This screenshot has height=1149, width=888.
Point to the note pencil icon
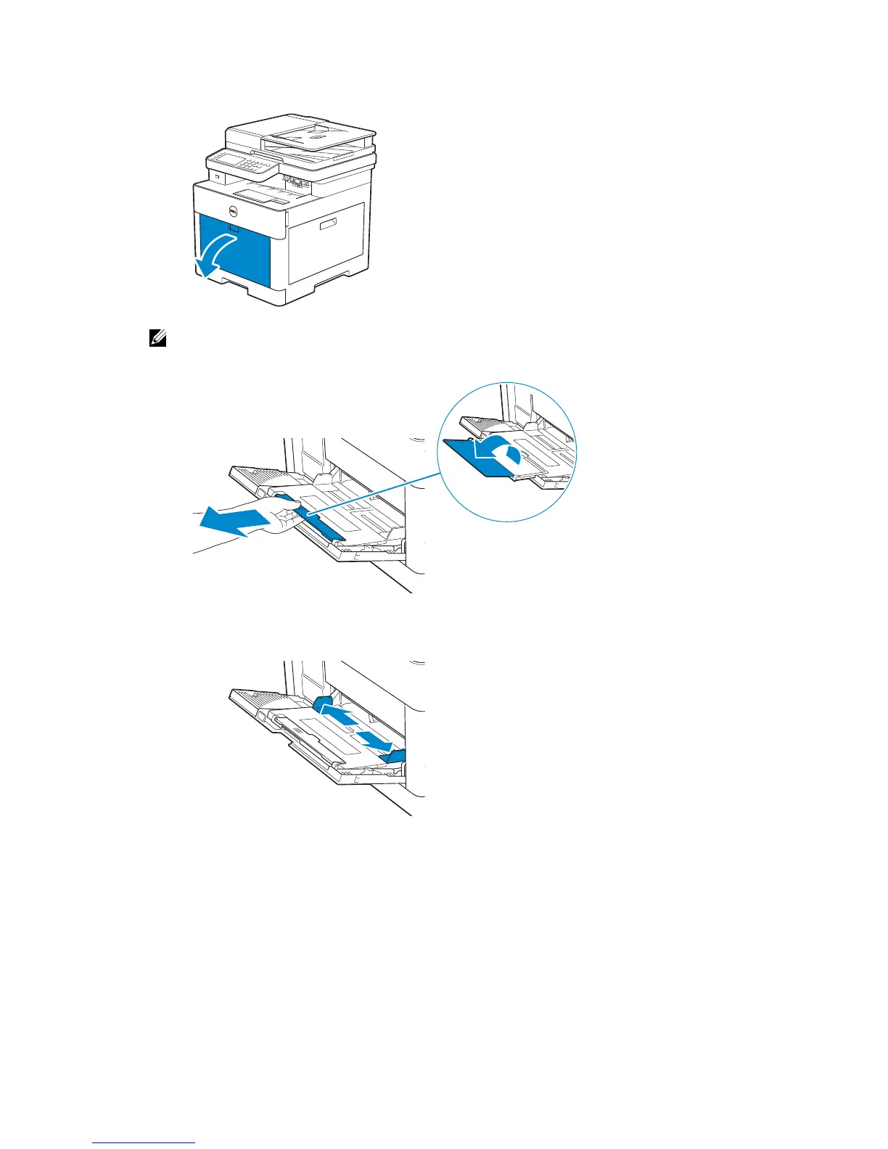[157, 338]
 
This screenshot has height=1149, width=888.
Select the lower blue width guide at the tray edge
[396, 757]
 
